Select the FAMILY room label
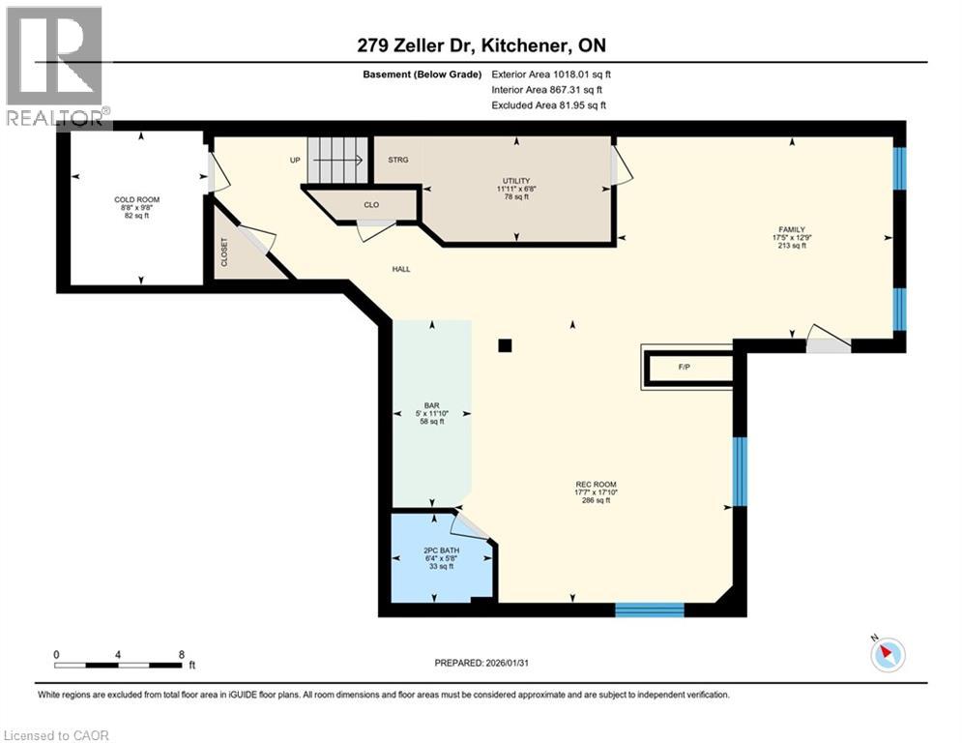pos(790,229)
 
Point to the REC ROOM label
pos(595,485)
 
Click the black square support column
pos(504,344)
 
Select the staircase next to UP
pos(339,160)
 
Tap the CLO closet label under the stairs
pos(371,204)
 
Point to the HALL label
pos(401,269)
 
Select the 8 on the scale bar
pos(182,653)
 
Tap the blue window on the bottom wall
pos(650,609)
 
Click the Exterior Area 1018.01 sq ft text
pos(551,74)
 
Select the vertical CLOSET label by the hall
pos(225,253)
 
